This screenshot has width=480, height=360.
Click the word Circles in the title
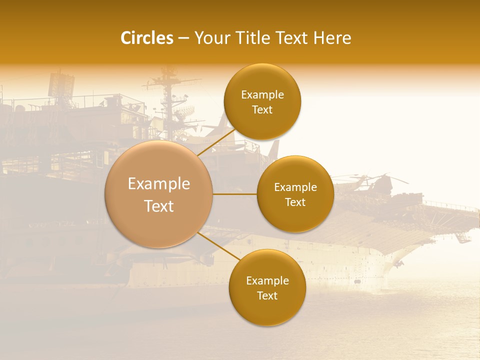coord(146,38)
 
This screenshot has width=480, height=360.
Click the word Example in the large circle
coord(159,184)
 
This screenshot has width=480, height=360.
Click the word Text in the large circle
coord(159,206)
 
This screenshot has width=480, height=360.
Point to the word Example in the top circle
coord(262,94)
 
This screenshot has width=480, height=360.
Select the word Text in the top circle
coord(262,109)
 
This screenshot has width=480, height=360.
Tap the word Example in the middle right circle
coord(295,187)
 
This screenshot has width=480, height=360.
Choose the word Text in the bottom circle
coord(267,295)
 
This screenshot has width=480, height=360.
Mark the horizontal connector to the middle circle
coord(235,194)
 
